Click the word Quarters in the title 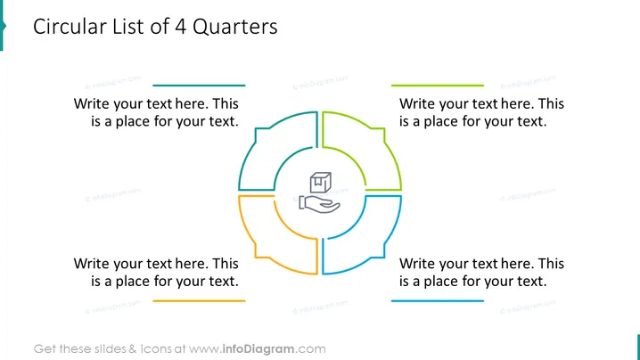pos(234,27)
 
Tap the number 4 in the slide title pos(180,27)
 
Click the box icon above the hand pos(320,183)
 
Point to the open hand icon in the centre pos(319,204)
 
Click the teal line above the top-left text pos(199,86)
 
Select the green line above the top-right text pos(437,86)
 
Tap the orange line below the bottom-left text pos(199,301)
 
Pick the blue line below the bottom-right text pos(437,301)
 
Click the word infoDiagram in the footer pos(258,349)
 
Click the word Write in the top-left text pos(92,103)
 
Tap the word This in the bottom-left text pos(226,264)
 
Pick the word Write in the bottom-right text pos(417,264)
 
